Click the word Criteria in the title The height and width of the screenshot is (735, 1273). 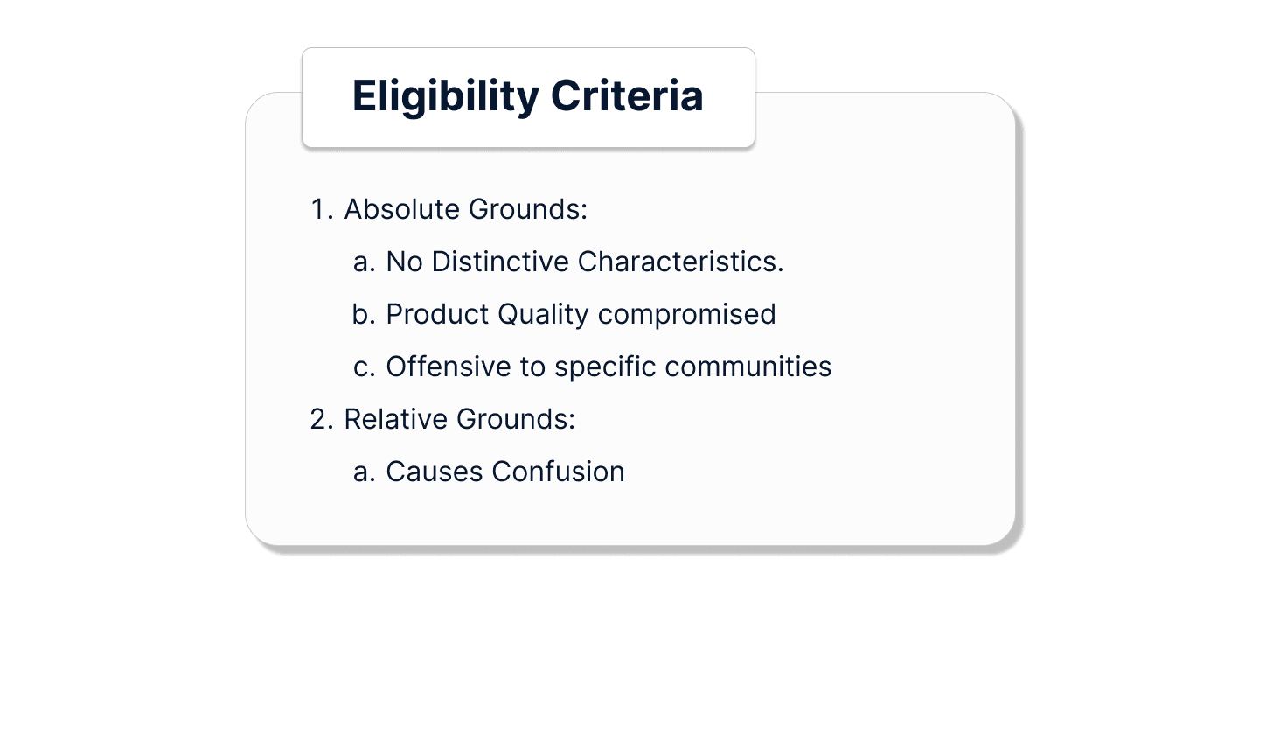(627, 95)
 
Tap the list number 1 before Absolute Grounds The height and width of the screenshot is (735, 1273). (322, 209)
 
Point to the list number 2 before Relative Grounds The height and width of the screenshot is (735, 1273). (322, 419)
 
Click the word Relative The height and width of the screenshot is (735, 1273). (395, 419)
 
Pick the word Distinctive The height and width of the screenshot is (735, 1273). (500, 262)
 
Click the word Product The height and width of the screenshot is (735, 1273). (437, 314)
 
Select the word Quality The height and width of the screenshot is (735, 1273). (543, 315)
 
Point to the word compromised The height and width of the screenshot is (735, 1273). (686, 315)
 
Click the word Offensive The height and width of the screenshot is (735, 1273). (449, 367)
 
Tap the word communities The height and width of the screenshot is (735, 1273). (748, 367)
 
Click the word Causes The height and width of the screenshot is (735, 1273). (435, 472)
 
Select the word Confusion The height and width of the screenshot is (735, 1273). (558, 472)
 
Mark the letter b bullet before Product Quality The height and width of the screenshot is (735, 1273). (364, 315)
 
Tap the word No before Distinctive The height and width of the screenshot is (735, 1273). (405, 262)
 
